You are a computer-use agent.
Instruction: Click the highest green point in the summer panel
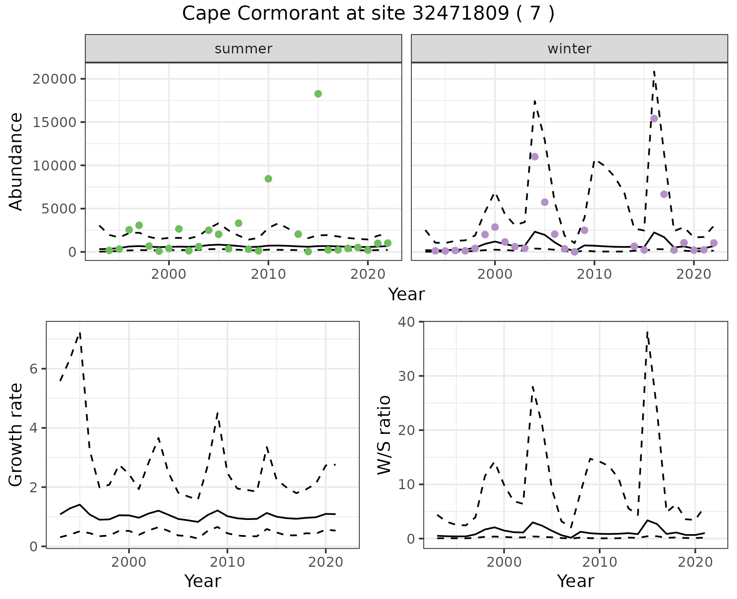tap(318, 94)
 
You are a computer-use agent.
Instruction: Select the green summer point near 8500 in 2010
tap(268, 179)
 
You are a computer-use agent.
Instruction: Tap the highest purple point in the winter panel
tap(654, 119)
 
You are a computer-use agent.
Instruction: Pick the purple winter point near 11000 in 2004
tap(535, 156)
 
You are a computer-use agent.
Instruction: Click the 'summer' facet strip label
tap(243, 49)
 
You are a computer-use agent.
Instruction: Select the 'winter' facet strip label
tap(569, 49)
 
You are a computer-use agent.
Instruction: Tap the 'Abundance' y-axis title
tap(16, 162)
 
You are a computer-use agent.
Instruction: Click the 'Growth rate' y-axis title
tap(16, 435)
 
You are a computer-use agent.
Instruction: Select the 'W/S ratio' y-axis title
tap(384, 435)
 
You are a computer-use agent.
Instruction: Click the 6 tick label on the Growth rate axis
tap(33, 369)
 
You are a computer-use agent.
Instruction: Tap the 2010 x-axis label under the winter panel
tap(594, 274)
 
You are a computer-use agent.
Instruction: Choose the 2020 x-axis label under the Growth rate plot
tap(326, 563)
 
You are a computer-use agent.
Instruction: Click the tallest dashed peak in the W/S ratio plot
tap(647, 333)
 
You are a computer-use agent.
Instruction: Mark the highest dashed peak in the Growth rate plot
tap(80, 333)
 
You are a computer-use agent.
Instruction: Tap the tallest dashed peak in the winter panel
tap(654, 71)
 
